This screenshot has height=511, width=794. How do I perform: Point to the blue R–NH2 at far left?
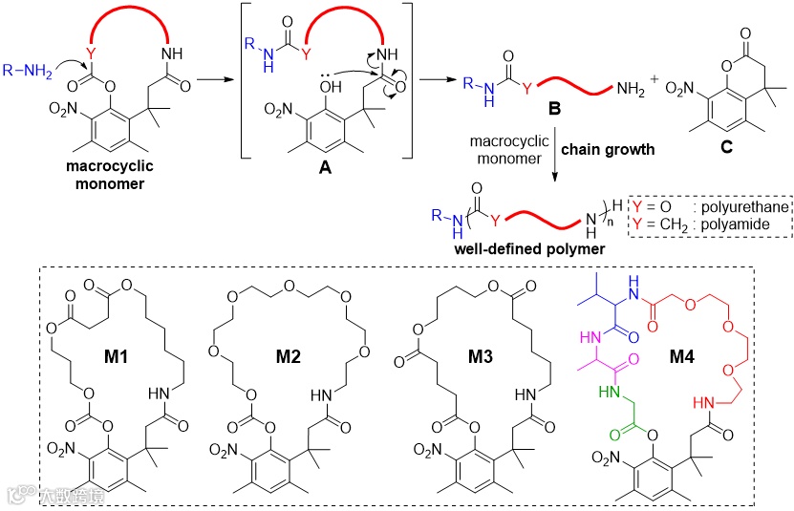pyautogui.click(x=24, y=66)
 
